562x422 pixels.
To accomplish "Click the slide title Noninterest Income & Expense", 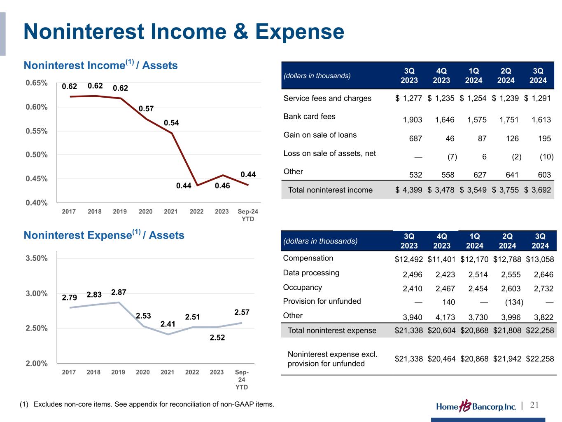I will click(x=184, y=32).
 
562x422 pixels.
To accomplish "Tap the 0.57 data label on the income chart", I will click(x=146, y=109).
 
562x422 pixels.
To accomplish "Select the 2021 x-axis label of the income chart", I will click(x=171, y=211).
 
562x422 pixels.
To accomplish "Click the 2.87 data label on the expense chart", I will click(x=119, y=292).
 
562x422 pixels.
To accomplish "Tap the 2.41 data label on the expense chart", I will click(x=168, y=324).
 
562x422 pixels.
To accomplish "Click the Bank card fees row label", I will click(x=309, y=117).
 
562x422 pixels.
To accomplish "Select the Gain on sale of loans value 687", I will click(x=415, y=139).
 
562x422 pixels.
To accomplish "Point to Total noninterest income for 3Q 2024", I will click(x=538, y=190).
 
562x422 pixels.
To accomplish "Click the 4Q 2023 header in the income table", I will click(x=441, y=75).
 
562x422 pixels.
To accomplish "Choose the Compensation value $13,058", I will click(x=540, y=260).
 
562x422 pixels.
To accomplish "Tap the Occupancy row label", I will click(x=302, y=288).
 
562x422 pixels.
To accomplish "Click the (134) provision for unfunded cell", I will click(x=514, y=302).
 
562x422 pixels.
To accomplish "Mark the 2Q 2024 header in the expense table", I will click(x=507, y=241).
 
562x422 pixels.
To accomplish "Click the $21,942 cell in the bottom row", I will click(x=507, y=359).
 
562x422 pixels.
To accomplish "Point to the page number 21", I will click(x=534, y=405).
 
